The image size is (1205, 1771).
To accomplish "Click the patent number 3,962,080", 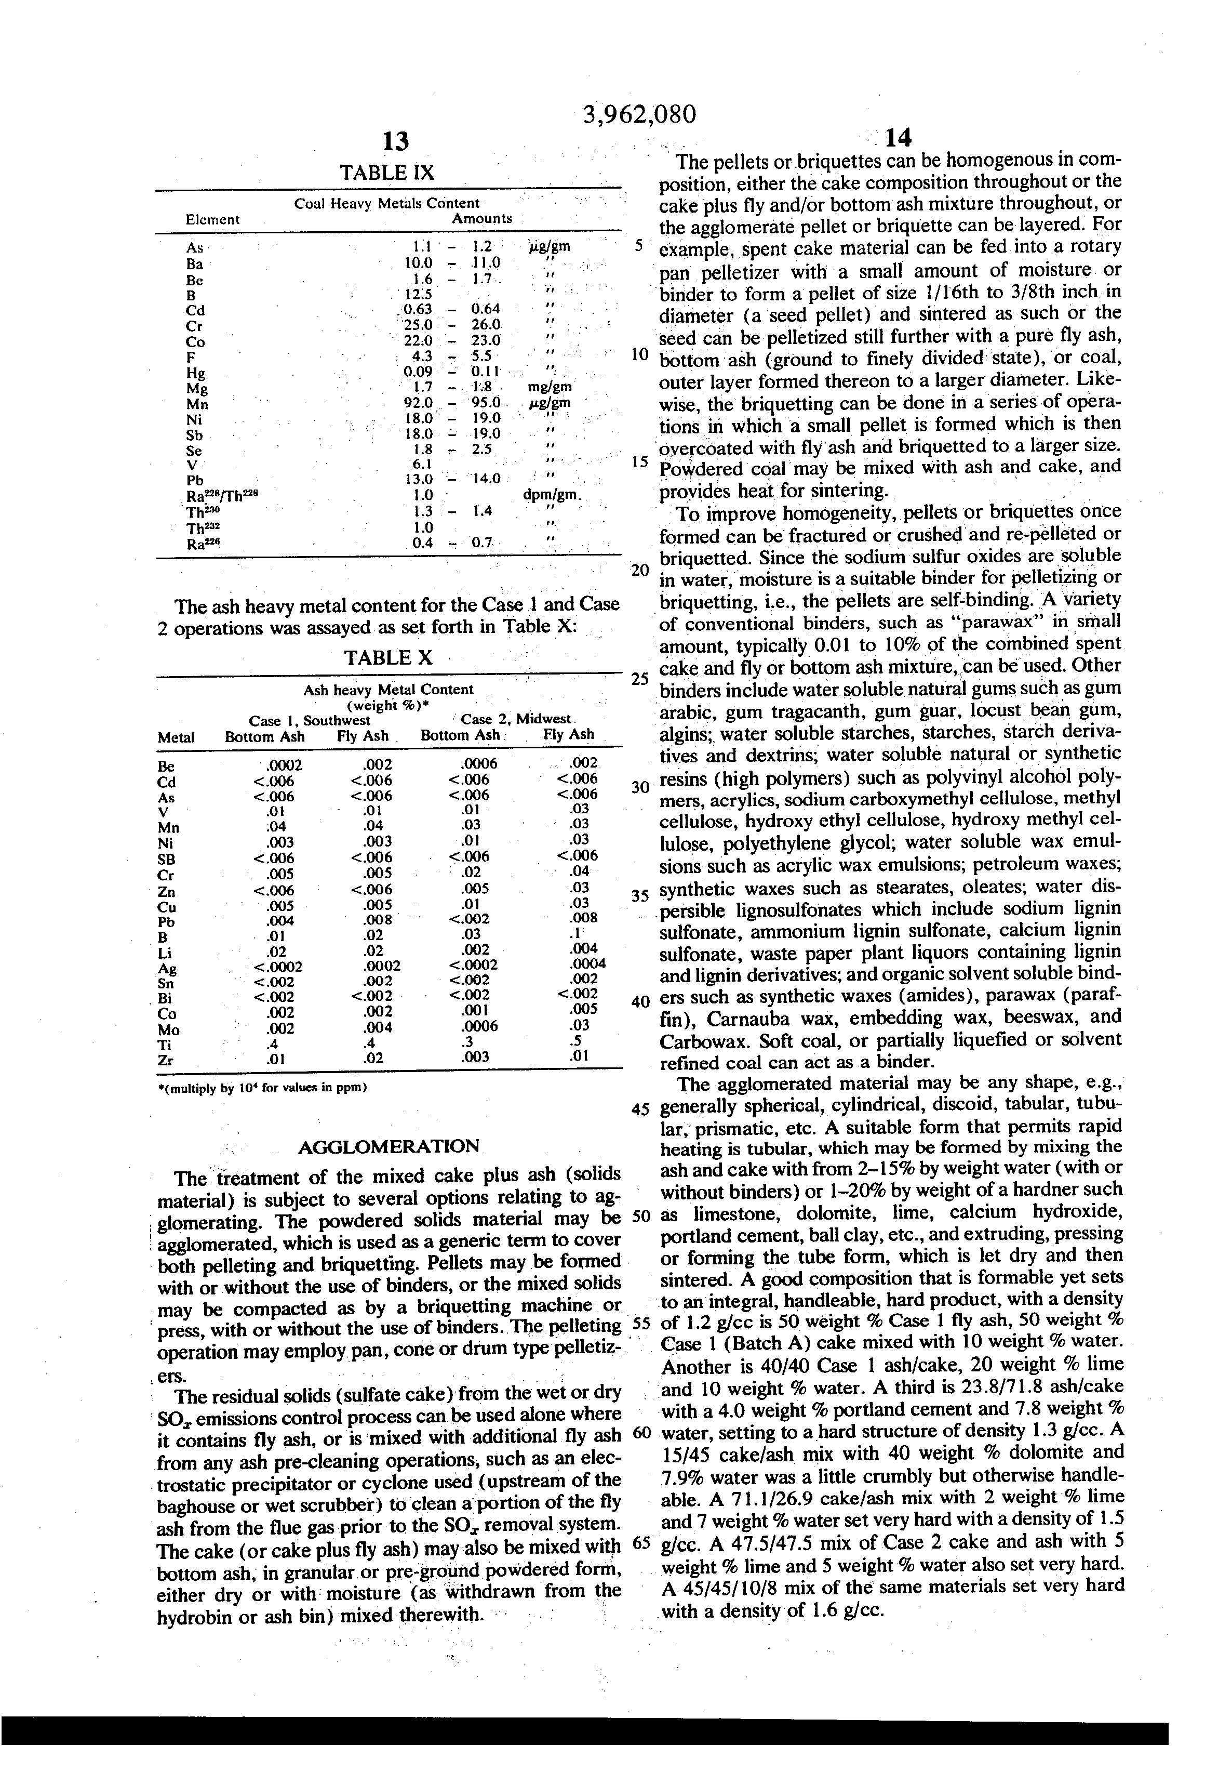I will [639, 114].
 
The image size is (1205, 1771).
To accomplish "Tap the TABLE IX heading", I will [387, 172].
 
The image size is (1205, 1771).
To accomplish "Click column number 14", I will [898, 137].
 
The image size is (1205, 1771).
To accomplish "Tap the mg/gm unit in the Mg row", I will [549, 387].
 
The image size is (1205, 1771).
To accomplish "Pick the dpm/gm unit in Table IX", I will [552, 495].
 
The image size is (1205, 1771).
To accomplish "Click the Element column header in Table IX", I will [212, 219].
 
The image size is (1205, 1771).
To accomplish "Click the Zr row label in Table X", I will [165, 1060].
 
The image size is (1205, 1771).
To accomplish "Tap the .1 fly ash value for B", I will [578, 933].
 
